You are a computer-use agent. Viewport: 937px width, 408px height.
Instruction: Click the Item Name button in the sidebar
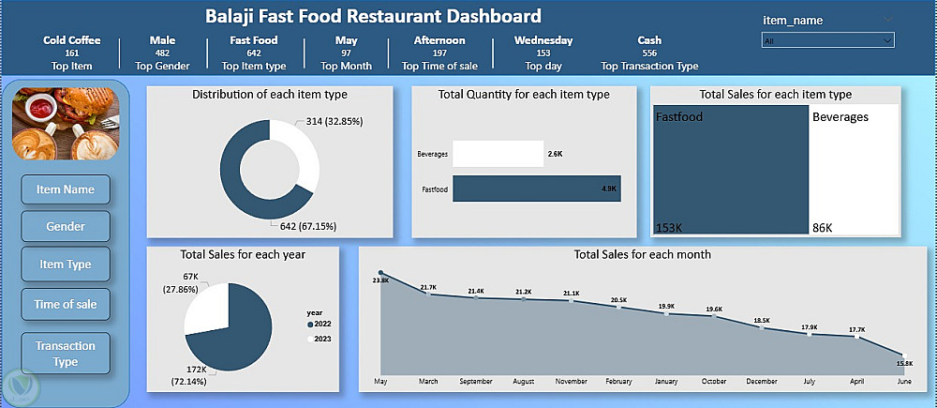65,189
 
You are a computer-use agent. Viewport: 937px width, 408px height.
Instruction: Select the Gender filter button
65,226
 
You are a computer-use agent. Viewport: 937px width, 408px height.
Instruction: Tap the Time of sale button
65,303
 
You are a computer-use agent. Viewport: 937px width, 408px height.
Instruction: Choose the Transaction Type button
65,354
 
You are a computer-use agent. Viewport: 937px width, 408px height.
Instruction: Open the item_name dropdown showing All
828,40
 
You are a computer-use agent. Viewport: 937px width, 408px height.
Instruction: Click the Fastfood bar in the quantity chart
535,189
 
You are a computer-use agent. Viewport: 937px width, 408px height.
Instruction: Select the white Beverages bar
498,153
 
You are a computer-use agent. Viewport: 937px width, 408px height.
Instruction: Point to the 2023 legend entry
318,338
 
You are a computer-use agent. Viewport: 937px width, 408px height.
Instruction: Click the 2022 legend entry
318,324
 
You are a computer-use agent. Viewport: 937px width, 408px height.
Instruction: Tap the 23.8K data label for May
380,280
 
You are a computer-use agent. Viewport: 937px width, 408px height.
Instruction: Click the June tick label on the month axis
904,383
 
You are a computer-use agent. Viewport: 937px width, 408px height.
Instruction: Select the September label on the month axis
476,383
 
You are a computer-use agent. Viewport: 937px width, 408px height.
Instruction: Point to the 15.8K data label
903,362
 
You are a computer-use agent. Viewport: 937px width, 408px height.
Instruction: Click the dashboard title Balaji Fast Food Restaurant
373,16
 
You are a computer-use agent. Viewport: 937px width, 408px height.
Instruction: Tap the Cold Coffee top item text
72,40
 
